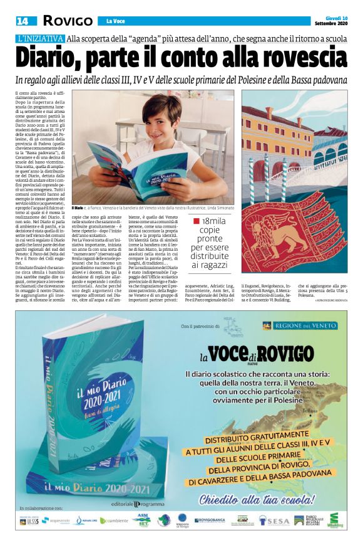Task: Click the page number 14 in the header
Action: [x=23, y=21]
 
